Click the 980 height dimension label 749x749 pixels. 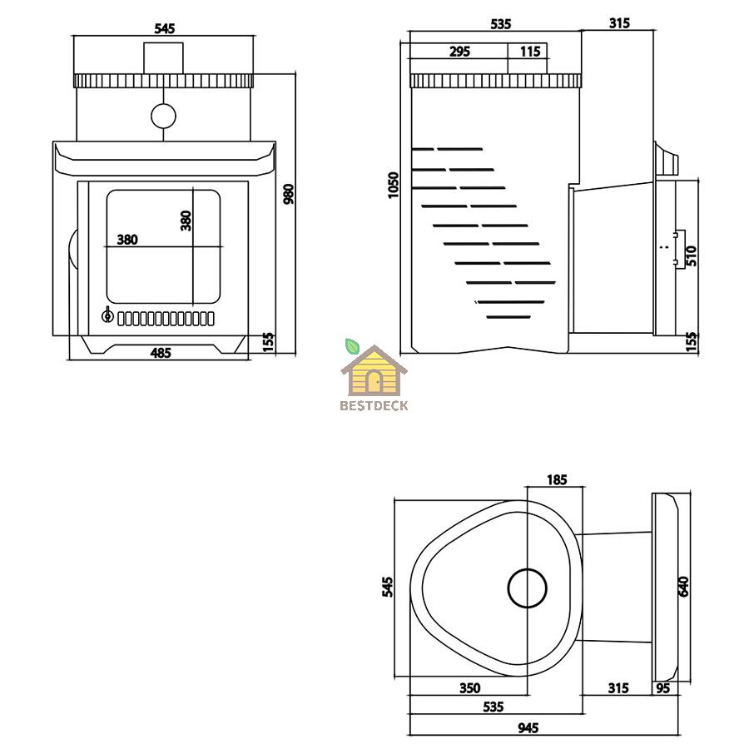click(x=289, y=194)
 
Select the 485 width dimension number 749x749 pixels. click(x=161, y=353)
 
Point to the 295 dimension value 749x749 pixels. click(x=459, y=51)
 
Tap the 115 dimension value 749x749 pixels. click(x=530, y=51)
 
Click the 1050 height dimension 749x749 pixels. click(x=393, y=186)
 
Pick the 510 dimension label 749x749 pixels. click(x=692, y=255)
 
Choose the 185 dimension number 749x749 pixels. click(x=557, y=479)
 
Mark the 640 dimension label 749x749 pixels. click(x=683, y=587)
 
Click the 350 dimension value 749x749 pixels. click(x=470, y=688)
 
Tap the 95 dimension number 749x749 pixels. click(x=663, y=688)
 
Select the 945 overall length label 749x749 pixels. click(x=528, y=727)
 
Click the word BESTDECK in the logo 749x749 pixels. click(x=374, y=406)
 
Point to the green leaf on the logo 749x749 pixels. click(x=352, y=346)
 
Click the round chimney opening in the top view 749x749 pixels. click(x=527, y=588)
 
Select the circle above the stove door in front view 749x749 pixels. click(x=163, y=116)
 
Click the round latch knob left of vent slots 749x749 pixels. click(x=107, y=315)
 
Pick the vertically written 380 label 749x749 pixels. click(x=186, y=221)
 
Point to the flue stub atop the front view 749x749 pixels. click(x=163, y=57)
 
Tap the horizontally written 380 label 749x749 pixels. click(x=127, y=240)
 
